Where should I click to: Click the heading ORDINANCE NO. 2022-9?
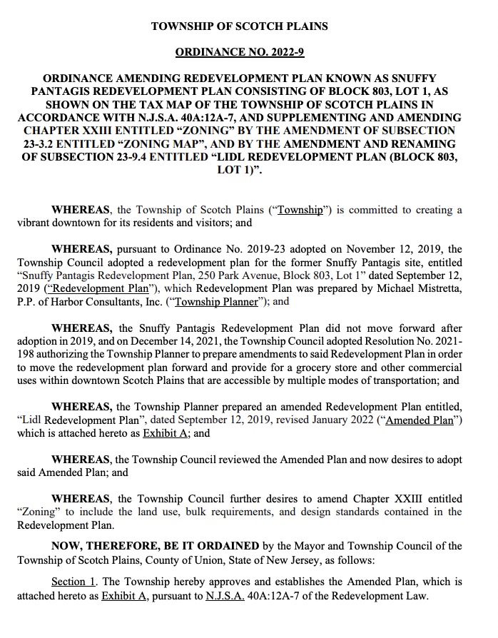pos(240,52)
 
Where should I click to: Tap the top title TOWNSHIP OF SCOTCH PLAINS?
pos(240,26)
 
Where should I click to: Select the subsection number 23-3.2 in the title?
pos(39,143)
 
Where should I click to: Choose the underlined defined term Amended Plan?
pos(420,420)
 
